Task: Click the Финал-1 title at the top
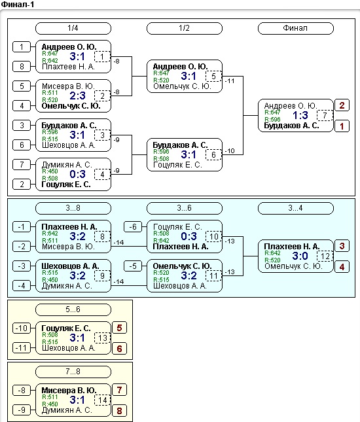point(18,5)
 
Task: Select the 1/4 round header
point(73,28)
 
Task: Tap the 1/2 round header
point(185,28)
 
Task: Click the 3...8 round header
point(73,208)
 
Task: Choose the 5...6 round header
point(73,309)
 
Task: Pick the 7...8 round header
point(73,372)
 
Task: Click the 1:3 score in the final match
point(300,115)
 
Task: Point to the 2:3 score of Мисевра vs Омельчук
point(77,96)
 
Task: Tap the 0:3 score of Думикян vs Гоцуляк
point(77,175)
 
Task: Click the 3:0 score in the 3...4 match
point(300,256)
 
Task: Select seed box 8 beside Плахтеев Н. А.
point(22,67)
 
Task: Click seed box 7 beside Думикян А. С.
point(22,164)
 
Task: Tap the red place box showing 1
point(342,126)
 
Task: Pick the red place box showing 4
point(342,267)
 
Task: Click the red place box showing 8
point(119,411)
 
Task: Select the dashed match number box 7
point(325,115)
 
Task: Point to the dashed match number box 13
point(102,338)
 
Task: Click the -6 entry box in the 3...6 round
point(133,227)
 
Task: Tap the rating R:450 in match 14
point(50,404)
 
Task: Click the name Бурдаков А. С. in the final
point(291,126)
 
